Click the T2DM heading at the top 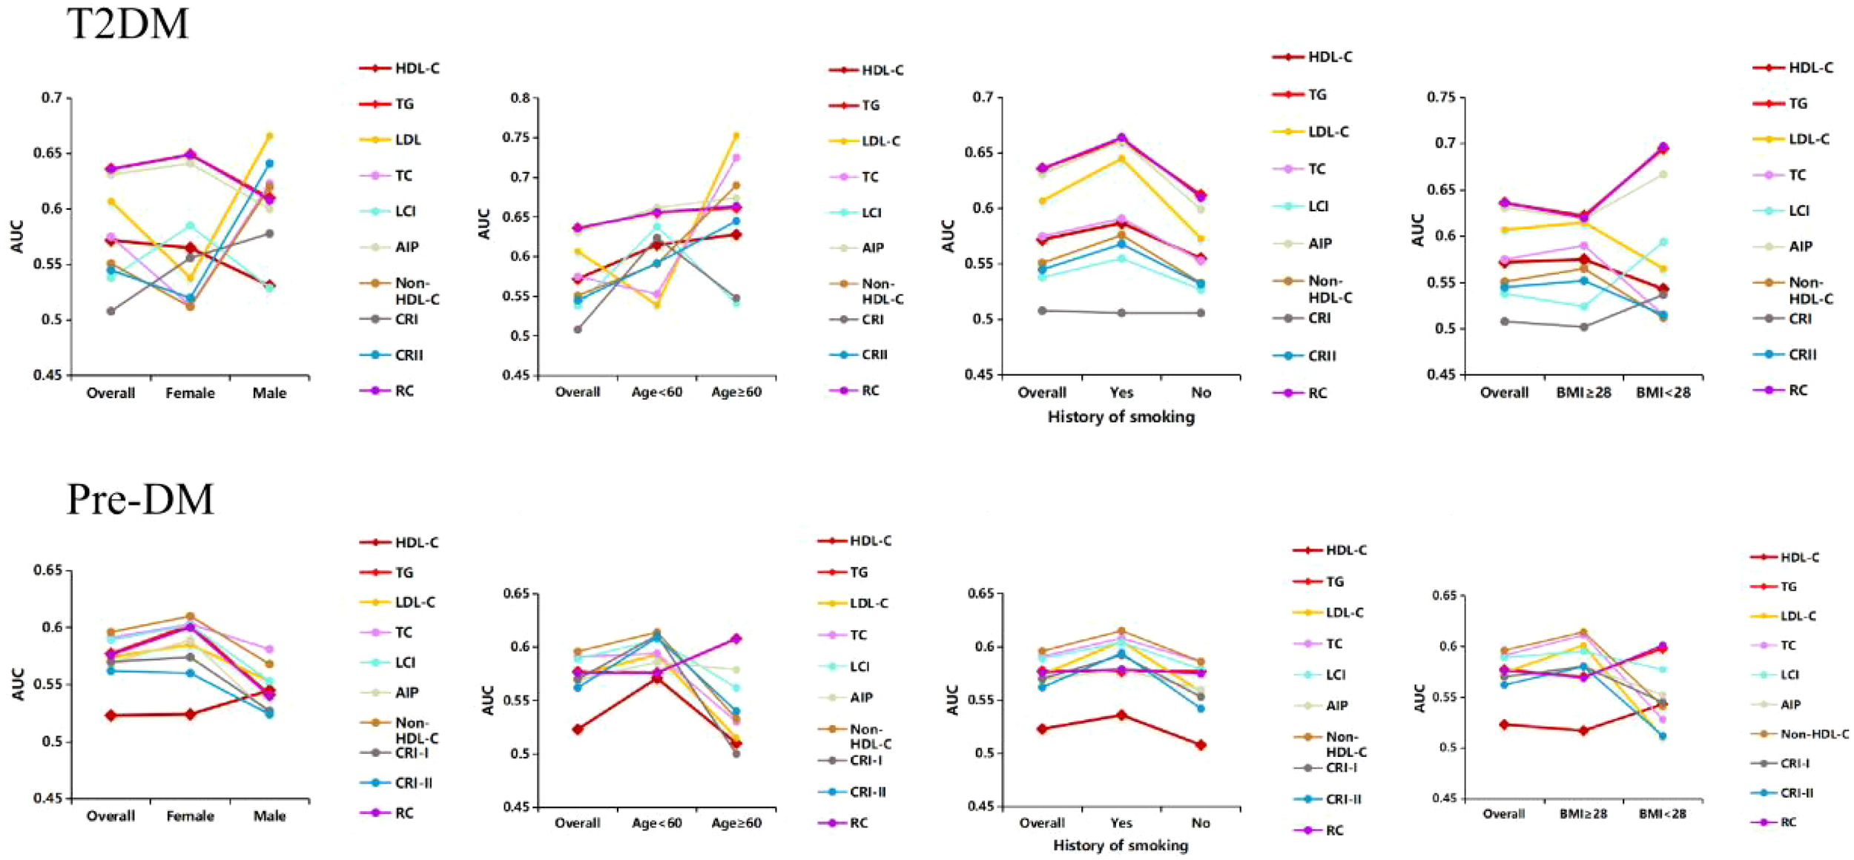[128, 24]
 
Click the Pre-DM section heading [140, 499]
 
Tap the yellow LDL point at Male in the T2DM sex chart [269, 136]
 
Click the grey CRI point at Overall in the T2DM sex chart [110, 311]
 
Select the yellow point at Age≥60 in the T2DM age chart [736, 136]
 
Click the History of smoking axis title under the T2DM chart [1121, 417]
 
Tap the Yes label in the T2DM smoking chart [1121, 393]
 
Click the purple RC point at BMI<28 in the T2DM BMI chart [1663, 147]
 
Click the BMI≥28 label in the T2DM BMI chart [1583, 393]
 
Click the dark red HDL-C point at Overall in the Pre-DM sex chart [110, 715]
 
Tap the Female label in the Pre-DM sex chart [190, 816]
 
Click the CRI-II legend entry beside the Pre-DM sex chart [413, 783]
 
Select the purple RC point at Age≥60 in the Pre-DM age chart [736, 638]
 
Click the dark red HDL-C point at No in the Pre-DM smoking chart [1201, 745]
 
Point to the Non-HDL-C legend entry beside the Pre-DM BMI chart [1814, 734]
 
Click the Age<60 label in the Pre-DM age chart [656, 823]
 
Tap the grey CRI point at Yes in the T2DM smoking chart [1121, 313]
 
